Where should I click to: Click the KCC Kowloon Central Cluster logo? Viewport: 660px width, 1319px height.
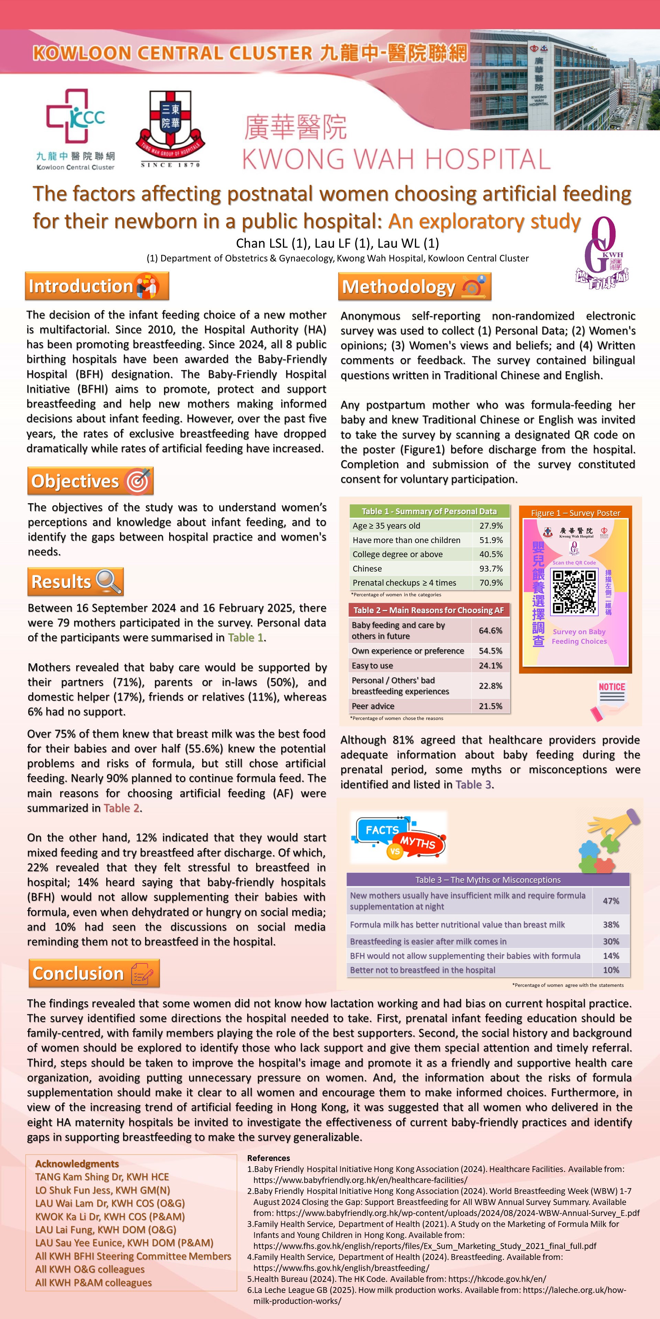[x=75, y=128]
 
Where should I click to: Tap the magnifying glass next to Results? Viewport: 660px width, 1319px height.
[x=109, y=581]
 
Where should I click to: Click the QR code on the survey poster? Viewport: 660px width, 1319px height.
[x=574, y=592]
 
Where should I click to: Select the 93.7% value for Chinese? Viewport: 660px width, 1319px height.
[x=491, y=568]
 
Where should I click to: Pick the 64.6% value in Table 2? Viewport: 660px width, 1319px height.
[x=491, y=630]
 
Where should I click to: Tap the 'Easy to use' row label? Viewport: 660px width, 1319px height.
[x=373, y=666]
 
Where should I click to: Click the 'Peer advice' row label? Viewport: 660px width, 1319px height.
[x=373, y=706]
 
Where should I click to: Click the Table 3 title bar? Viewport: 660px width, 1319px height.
[x=488, y=880]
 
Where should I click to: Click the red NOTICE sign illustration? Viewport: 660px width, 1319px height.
[x=611, y=700]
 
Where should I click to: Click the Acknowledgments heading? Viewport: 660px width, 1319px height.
[x=77, y=1163]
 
